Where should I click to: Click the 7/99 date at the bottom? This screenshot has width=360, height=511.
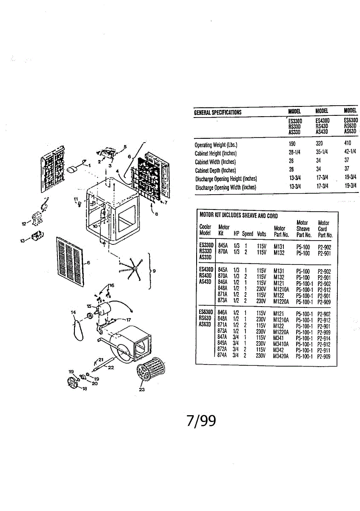click(201, 421)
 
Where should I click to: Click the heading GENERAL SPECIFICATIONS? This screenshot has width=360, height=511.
click(217, 112)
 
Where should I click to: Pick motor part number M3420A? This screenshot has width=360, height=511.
click(281, 356)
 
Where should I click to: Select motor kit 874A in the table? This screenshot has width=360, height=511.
click(222, 356)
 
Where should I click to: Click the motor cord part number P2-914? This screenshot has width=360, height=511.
click(324, 338)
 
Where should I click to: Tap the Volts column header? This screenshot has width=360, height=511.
click(261, 234)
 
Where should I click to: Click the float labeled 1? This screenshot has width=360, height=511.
click(72, 169)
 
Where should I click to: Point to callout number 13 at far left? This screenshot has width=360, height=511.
click(22, 241)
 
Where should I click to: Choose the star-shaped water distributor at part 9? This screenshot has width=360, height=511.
click(134, 268)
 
